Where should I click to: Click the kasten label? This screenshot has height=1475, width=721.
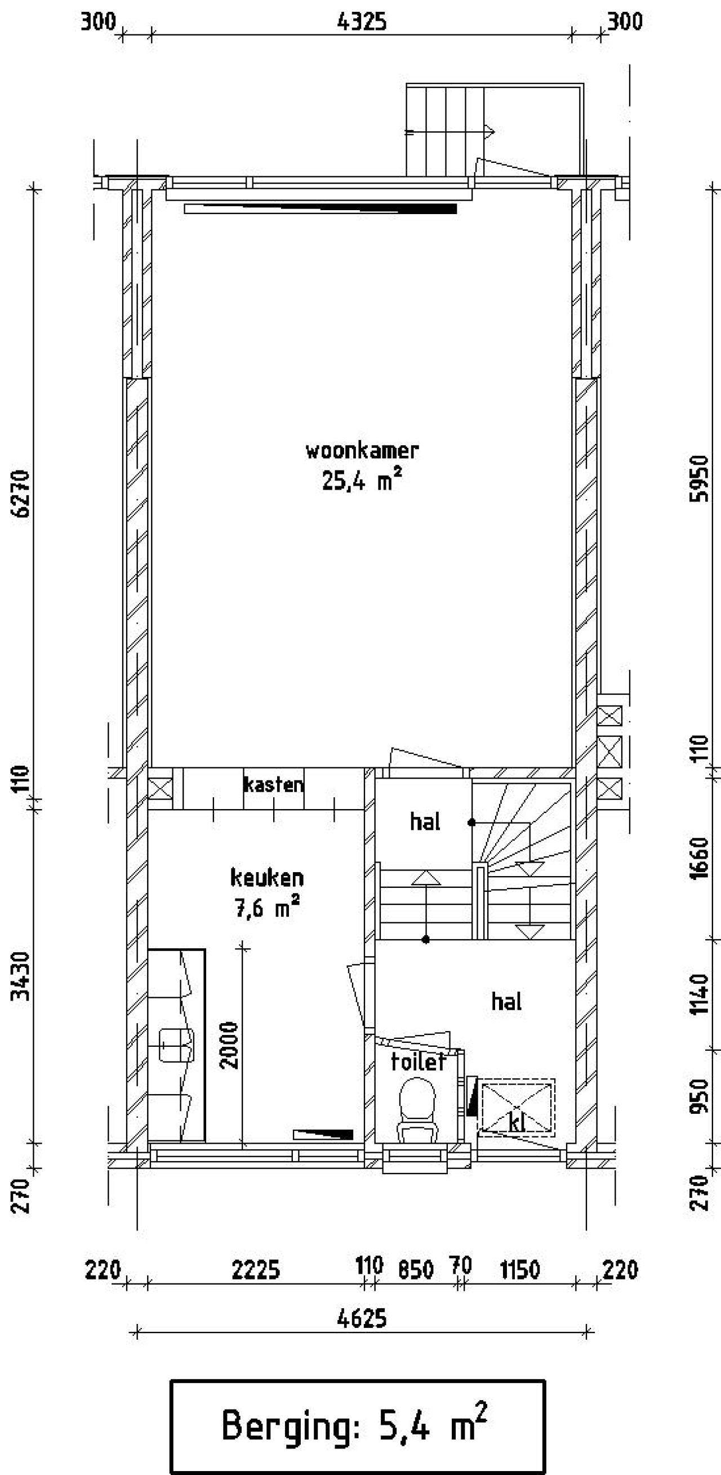point(274,784)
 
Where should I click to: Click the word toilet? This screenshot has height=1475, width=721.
point(419,1062)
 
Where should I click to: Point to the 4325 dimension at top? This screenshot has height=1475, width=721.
point(362,22)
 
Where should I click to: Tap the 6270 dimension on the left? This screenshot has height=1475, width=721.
point(23,494)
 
